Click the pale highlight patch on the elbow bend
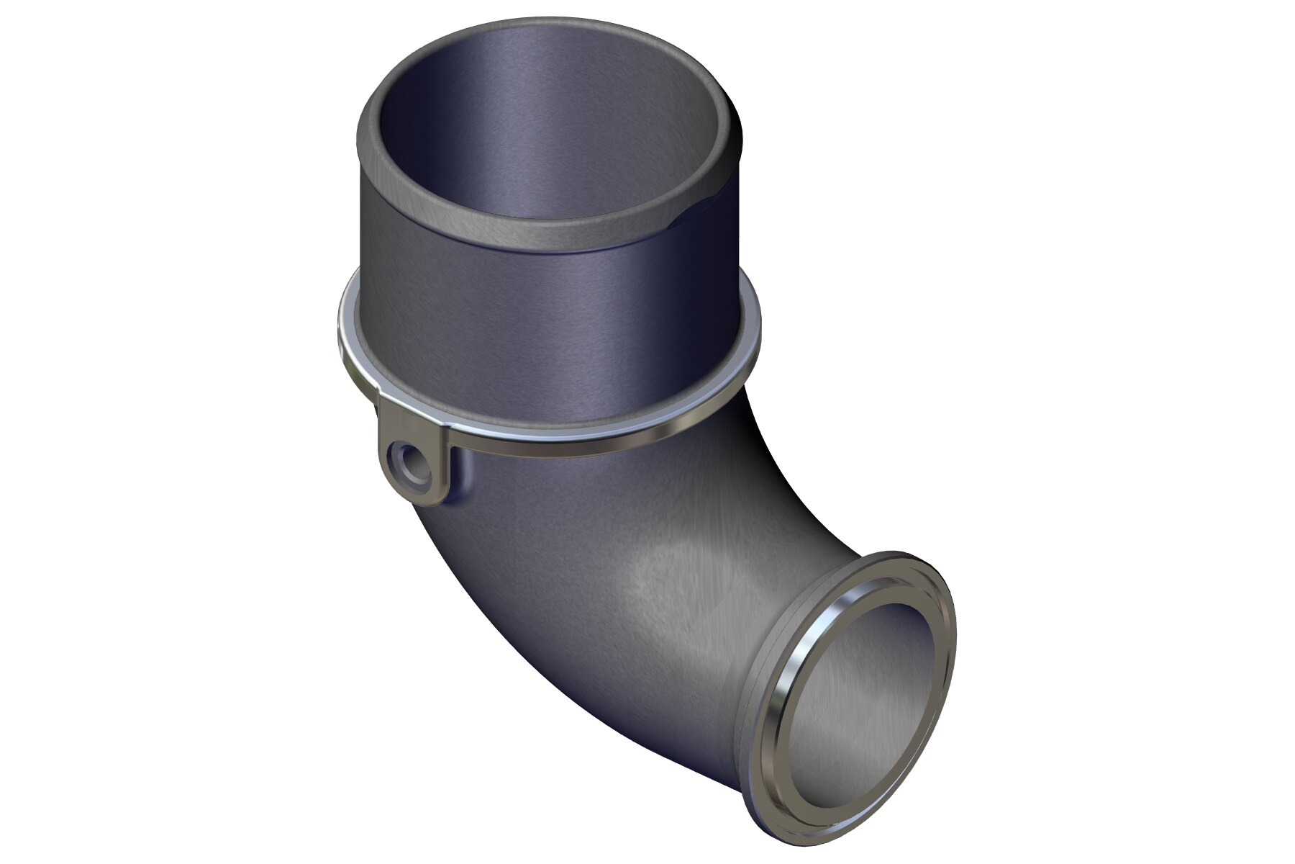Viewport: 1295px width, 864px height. coord(669,583)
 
